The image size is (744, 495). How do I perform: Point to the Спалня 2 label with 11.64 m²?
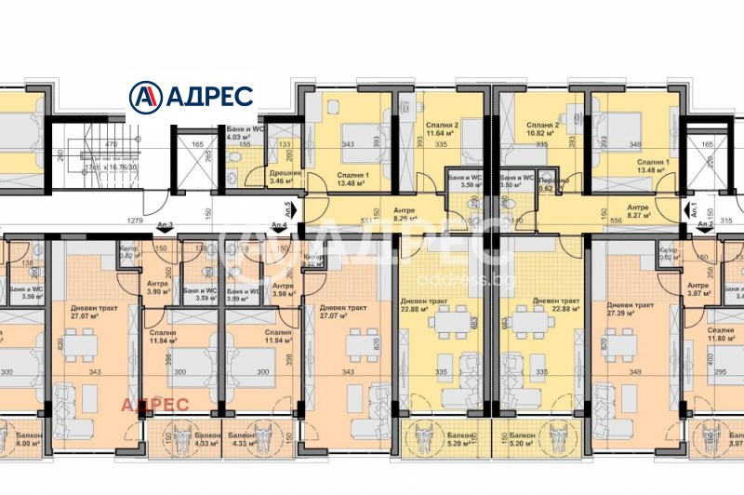tap(443, 128)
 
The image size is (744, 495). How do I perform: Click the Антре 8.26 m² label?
tap(404, 215)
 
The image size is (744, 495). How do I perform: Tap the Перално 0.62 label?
tap(549, 182)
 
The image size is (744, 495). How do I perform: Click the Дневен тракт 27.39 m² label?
tap(631, 310)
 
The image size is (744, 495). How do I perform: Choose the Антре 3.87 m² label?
tap(697, 289)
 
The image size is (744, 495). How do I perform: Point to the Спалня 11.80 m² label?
tap(720, 335)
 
